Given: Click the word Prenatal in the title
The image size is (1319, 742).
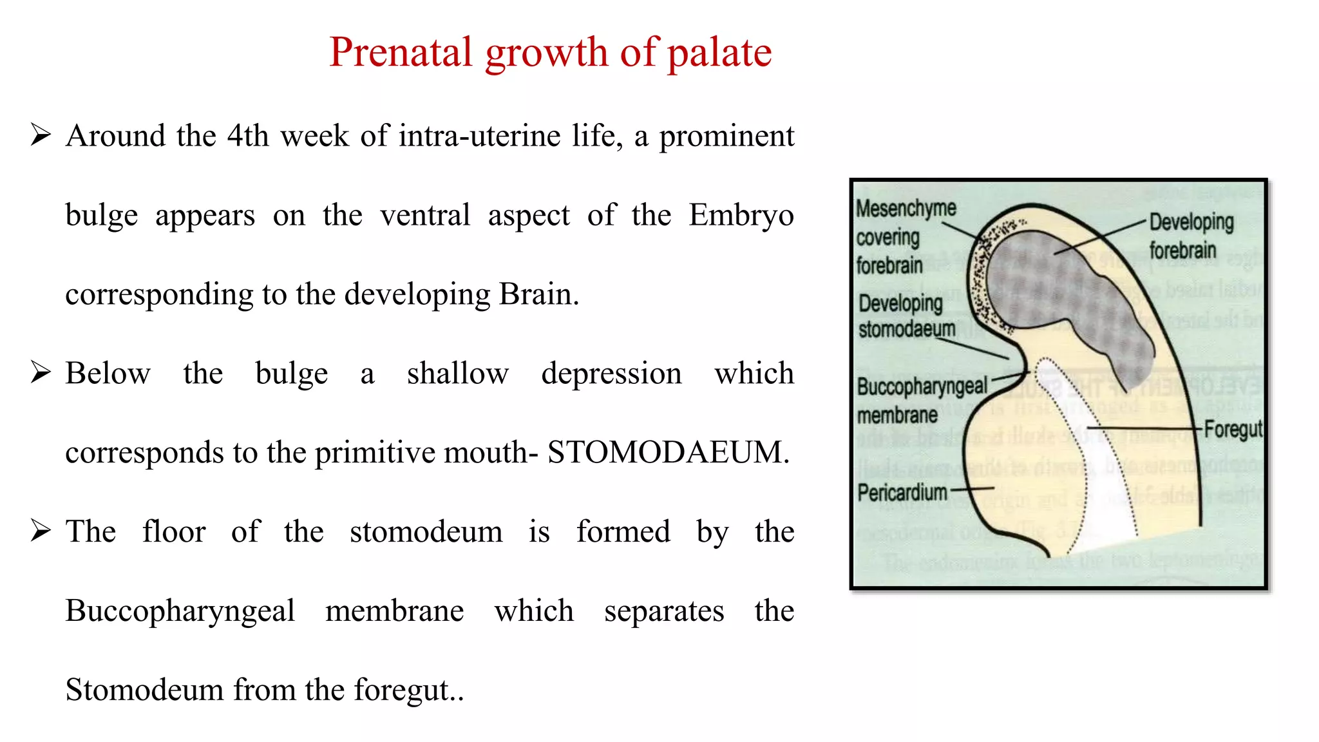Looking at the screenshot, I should pos(401,52).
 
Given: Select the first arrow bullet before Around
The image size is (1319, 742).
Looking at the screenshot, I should pos(41,135).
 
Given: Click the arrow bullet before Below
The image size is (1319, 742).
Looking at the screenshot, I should pos(41,372).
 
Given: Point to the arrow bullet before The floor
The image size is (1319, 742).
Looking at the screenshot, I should pos(41,531).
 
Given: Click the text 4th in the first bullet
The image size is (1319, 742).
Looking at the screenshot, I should pos(247,136).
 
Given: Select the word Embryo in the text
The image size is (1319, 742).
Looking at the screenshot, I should pos(741,215).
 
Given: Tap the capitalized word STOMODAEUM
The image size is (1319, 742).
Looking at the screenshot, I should pos(667,452).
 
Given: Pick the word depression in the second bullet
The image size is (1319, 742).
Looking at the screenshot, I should pos(611,374).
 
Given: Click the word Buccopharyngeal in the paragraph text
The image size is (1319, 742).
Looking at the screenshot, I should pos(180,611).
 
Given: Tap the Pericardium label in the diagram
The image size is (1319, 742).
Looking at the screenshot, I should pos(902,493).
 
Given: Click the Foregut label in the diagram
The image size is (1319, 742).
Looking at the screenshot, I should pos(1233,429).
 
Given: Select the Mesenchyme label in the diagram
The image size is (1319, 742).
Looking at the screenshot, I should pos(906,209).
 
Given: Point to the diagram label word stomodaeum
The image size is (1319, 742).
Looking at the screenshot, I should pos(907,329).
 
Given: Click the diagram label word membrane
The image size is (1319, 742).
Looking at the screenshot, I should pos(897,415).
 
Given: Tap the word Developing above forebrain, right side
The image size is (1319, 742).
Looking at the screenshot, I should pos(1191,222).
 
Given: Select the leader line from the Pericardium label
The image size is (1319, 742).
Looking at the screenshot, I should pos(973,490).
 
